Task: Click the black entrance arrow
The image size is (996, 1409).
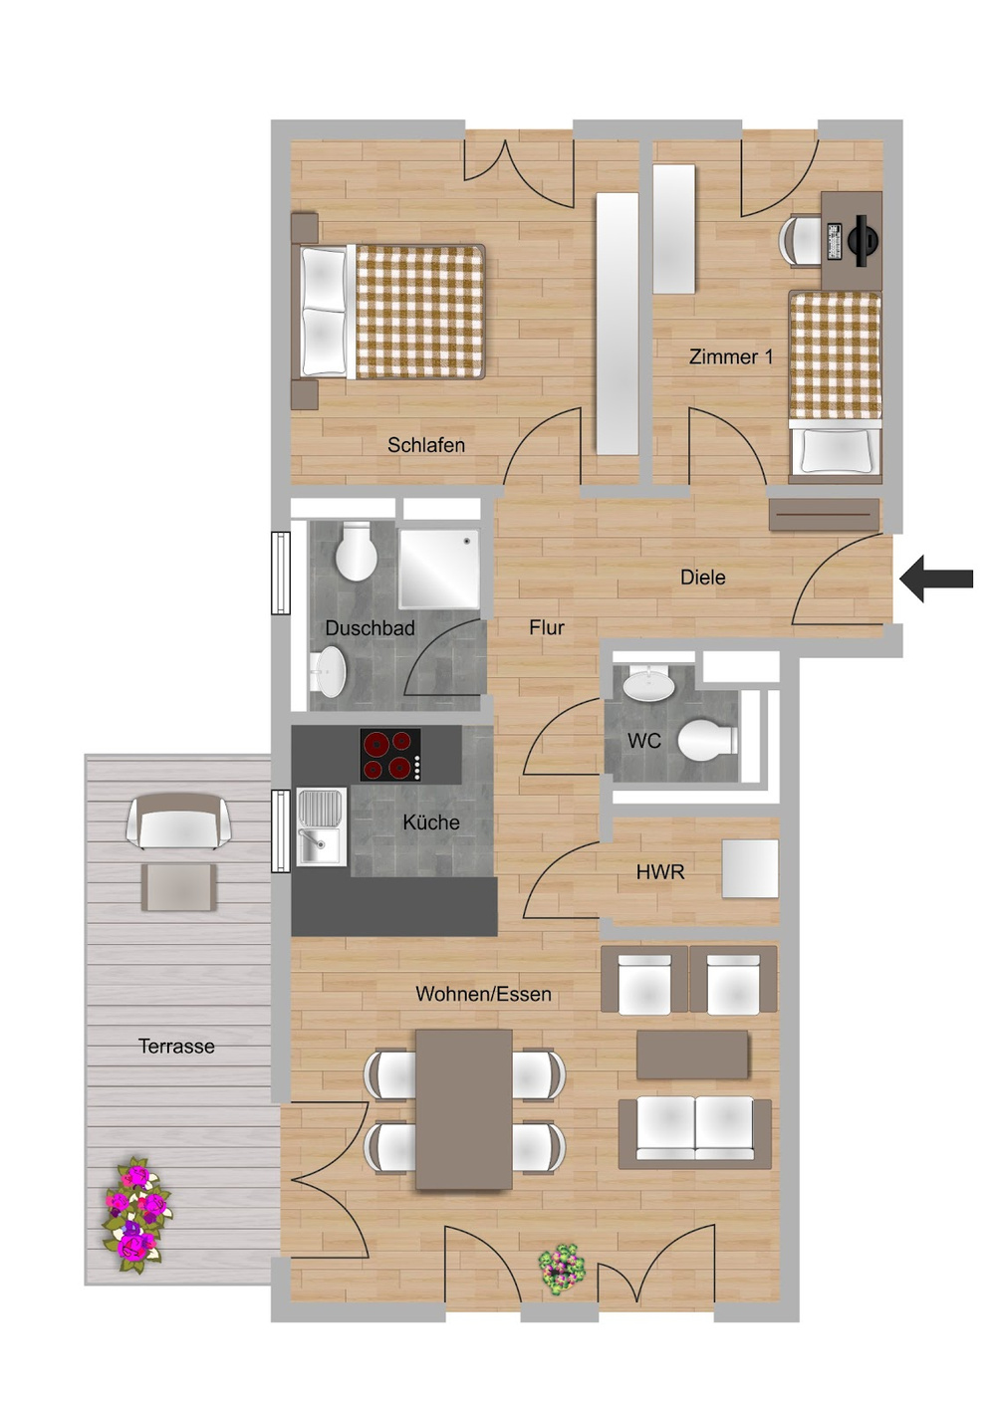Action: (936, 579)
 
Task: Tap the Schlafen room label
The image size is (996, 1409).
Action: (426, 445)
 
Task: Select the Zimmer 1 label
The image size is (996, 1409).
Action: (730, 356)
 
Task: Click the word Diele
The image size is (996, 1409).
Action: (703, 577)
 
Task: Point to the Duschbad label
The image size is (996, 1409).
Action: (370, 627)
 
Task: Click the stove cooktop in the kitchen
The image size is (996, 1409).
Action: (390, 754)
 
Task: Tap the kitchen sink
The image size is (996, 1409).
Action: (322, 826)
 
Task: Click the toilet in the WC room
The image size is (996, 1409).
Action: (708, 738)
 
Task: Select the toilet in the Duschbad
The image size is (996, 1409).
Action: (356, 551)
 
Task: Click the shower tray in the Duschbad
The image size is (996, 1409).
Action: (439, 569)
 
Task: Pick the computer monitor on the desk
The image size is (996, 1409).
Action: (862, 233)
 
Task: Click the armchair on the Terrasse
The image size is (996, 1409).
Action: (178, 821)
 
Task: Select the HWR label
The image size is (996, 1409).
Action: (660, 872)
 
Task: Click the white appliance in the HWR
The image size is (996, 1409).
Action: (750, 868)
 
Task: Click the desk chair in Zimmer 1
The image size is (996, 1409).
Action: (801, 240)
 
